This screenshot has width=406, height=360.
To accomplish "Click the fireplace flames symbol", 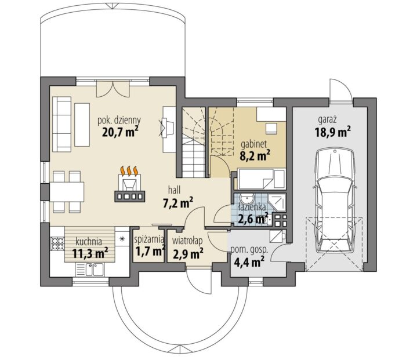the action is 129,171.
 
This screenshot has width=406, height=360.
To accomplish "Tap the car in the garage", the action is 334,201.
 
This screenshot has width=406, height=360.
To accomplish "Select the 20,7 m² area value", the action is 120,132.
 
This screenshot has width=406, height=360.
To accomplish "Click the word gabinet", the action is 254,144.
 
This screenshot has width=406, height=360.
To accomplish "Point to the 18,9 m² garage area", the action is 333,132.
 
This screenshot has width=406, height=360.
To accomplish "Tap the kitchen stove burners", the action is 58,244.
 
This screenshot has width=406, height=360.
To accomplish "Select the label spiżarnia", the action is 149,239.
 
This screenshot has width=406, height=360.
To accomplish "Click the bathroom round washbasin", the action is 246,199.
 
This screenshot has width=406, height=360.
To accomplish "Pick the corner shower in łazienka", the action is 277,202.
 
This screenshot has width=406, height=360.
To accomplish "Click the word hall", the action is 174,191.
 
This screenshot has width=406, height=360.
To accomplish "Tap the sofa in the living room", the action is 61,124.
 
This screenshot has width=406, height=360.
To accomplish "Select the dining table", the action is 67,192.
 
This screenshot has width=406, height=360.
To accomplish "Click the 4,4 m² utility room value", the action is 249,261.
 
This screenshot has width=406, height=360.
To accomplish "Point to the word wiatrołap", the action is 187,241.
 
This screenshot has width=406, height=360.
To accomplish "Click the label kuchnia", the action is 89,242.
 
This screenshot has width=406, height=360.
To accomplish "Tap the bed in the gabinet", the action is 262,179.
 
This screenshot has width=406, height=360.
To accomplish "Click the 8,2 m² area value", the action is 255,156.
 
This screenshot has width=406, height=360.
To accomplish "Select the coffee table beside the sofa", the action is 82,125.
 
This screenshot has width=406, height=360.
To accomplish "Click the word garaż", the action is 327,120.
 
